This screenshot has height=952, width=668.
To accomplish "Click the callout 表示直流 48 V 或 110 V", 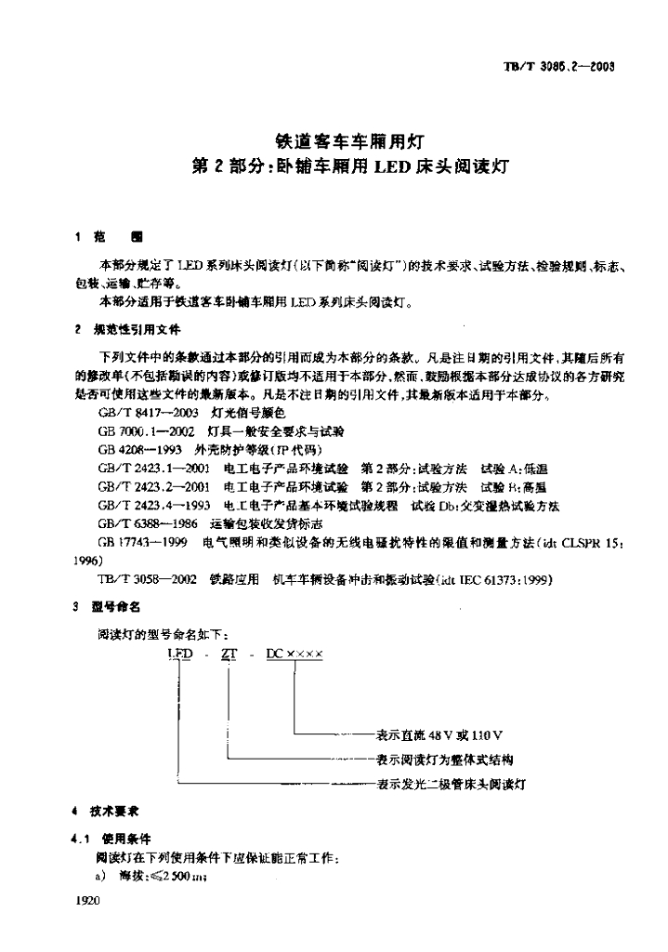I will pyautogui.click(x=439, y=735).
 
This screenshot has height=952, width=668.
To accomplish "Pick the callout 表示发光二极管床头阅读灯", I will pyautogui.click(x=451, y=785).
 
